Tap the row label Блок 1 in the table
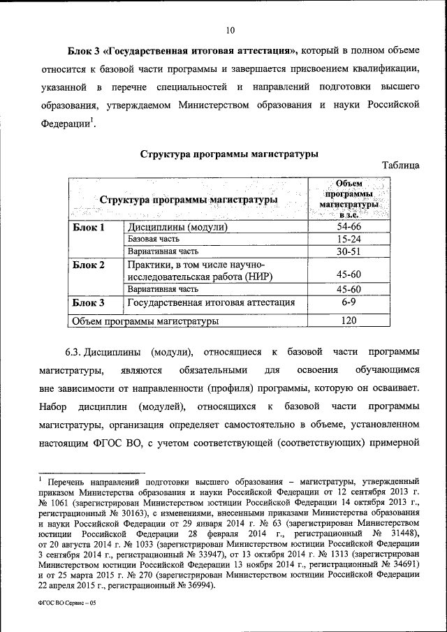[x=89, y=227]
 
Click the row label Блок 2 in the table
[x=89, y=265]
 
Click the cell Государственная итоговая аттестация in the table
[x=210, y=302]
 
